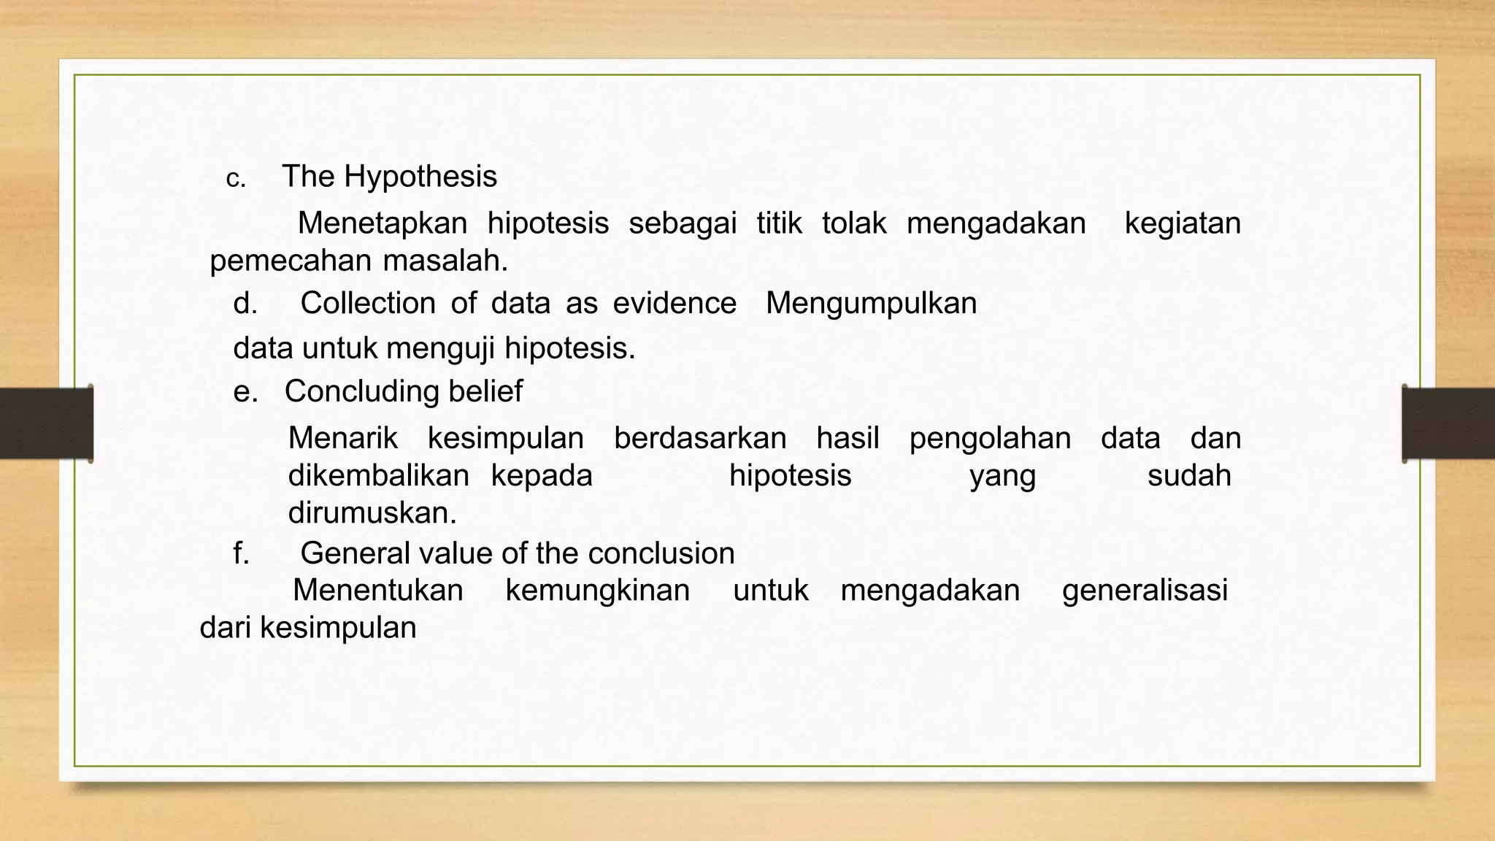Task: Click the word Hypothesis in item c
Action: click(420, 177)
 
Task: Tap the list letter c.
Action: click(235, 180)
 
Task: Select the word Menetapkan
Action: click(382, 223)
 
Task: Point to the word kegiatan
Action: click(1182, 223)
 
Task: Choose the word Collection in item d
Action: click(368, 304)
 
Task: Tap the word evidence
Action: click(675, 304)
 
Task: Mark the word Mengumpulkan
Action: click(871, 304)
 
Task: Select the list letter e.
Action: click(245, 392)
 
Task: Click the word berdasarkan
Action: click(700, 439)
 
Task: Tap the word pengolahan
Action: click(990, 439)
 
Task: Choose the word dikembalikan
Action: click(378, 476)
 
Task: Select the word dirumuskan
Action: click(372, 513)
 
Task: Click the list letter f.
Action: click(241, 553)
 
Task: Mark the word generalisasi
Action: click(1145, 591)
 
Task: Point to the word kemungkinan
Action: click(597, 591)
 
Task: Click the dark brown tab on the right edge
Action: click(1448, 423)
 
